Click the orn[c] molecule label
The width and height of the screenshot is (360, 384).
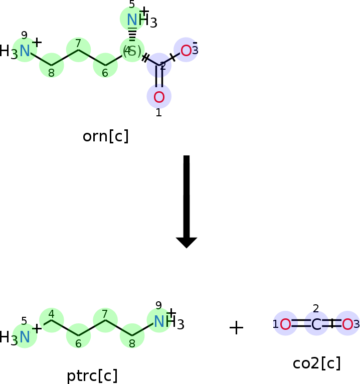105,136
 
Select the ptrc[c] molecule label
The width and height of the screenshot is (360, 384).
92,375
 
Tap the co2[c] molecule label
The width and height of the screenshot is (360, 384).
316,363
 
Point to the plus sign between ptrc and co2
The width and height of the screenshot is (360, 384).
236,328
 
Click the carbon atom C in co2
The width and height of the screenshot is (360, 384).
316,325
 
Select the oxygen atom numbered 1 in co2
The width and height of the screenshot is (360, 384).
285,325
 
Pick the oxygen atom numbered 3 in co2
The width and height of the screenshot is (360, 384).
347,325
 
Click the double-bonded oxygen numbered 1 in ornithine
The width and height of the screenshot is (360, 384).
159,96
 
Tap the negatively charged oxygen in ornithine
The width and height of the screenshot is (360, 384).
186,50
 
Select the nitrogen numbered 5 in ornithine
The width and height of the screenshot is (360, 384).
132,20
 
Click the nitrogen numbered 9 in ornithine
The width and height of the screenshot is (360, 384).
25,50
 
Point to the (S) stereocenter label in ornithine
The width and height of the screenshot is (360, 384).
132,51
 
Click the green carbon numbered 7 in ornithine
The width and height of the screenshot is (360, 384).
78,50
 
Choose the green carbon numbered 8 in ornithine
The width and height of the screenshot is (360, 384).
52,66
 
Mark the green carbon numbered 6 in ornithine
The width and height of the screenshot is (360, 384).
105,66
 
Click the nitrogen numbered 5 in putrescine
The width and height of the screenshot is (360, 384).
25,336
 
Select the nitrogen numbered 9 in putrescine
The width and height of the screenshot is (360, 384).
159,321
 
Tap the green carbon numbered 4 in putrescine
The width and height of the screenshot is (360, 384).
51,320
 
